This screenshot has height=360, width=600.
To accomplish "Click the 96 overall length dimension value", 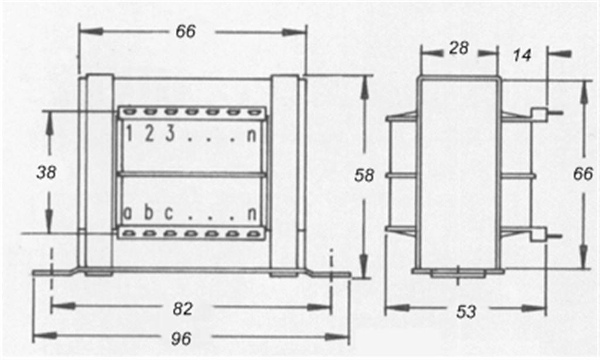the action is [x=181, y=338].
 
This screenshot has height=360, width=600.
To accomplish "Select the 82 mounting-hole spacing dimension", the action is [x=183, y=308].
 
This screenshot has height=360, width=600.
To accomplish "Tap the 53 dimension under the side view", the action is [x=466, y=312].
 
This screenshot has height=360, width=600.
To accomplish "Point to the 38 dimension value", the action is [x=46, y=172].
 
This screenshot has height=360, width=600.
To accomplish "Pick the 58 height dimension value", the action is [x=364, y=175].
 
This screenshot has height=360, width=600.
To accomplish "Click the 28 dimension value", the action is [x=459, y=48].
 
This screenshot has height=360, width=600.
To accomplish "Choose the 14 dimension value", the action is [x=522, y=56].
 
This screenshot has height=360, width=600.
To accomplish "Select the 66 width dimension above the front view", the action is [x=186, y=32].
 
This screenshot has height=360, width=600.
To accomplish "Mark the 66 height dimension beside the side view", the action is [x=583, y=174].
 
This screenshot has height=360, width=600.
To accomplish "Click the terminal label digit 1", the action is [x=129, y=134].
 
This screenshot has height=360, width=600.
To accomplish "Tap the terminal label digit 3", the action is [x=170, y=133].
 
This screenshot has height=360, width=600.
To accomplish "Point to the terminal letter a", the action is [x=128, y=213].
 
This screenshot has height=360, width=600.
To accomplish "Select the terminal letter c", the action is [x=169, y=213].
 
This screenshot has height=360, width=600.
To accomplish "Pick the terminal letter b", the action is [x=148, y=212].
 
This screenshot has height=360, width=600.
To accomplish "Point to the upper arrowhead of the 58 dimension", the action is [x=363, y=84].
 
